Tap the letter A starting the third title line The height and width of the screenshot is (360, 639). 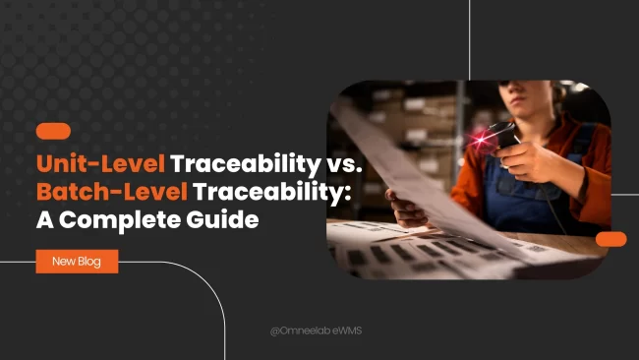pos(45,219)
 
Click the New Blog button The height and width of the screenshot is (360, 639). pos(77,261)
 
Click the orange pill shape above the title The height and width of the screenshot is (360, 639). pos(53,130)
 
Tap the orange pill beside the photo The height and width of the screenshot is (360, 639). pos(610,239)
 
